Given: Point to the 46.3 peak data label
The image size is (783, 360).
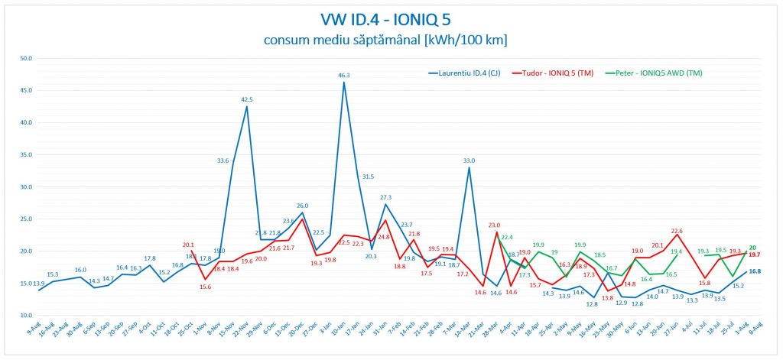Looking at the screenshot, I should (343, 76).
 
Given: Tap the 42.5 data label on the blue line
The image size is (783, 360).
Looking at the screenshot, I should (247, 99).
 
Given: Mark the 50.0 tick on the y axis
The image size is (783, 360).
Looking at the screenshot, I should (25, 58).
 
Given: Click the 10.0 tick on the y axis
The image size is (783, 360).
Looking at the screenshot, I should (25, 316).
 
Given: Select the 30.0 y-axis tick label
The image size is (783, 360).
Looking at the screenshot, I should (25, 187).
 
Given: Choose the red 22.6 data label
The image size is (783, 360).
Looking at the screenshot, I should (677, 230).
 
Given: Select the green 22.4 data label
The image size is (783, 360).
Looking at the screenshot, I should (507, 238).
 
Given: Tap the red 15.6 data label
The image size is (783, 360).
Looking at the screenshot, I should (206, 287).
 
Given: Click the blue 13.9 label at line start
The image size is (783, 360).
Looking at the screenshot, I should (38, 284).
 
